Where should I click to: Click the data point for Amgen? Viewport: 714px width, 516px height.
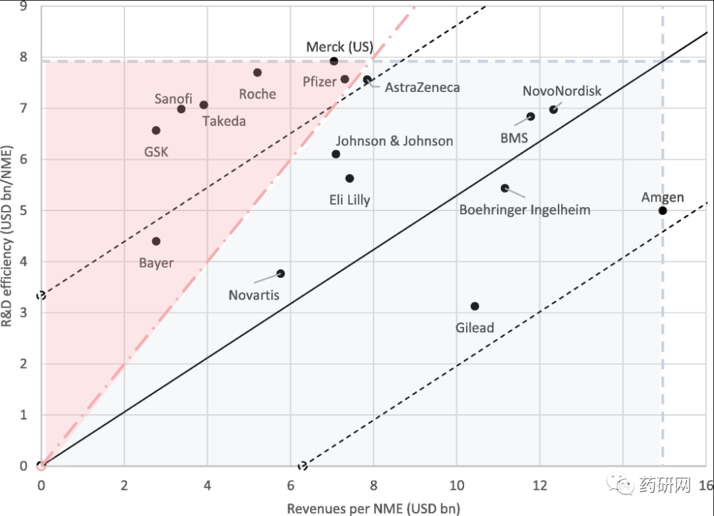[662, 210]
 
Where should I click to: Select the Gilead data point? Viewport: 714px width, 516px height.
[475, 306]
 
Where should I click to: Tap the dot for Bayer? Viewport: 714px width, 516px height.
[156, 241]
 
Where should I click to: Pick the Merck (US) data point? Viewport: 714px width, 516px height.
[334, 62]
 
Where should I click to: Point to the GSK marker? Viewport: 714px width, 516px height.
[156, 130]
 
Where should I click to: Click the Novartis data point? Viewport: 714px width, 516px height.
[280, 273]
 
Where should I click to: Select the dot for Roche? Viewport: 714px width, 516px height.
[257, 73]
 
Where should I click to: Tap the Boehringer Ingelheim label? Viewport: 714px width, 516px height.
[525, 210]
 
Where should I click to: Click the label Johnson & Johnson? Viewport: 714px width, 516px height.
[394, 141]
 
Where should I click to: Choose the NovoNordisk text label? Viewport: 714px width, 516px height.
[562, 91]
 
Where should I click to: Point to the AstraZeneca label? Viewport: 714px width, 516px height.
[422, 87]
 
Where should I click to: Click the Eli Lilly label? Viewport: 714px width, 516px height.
[350, 199]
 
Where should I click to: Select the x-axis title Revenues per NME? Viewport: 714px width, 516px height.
[373, 508]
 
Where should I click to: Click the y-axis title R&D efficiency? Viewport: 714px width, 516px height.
[9, 255]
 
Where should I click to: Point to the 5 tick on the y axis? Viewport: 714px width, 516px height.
[24, 210]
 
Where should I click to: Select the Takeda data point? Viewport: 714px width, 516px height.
[204, 105]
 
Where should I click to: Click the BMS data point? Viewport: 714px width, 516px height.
[530, 116]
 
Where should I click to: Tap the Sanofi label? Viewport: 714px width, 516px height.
[173, 99]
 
